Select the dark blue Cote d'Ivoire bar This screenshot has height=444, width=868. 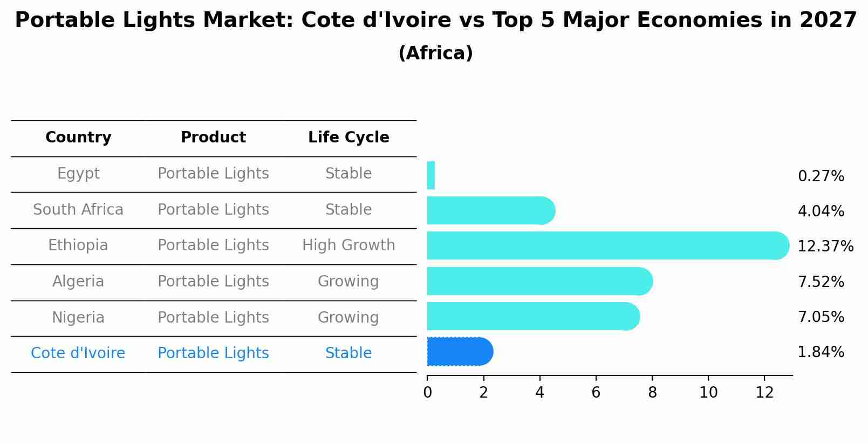459,352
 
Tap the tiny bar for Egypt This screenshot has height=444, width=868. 431,175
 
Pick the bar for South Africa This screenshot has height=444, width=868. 488,210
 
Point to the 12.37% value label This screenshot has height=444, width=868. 825,247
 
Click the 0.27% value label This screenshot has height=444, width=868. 821,176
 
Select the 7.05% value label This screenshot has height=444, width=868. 821,317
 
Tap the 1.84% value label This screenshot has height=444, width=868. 821,352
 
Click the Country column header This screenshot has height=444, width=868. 78,138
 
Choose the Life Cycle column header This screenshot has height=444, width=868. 348,138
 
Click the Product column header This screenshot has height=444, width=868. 213,138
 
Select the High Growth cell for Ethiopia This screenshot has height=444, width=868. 348,245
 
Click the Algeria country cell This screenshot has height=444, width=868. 78,282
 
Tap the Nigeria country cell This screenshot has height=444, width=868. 78,317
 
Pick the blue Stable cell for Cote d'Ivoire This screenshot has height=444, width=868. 348,353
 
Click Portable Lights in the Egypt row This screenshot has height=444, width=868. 213,174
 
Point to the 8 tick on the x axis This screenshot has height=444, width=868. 652,393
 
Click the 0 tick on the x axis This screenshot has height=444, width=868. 427,393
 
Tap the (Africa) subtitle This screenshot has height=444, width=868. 435,53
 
